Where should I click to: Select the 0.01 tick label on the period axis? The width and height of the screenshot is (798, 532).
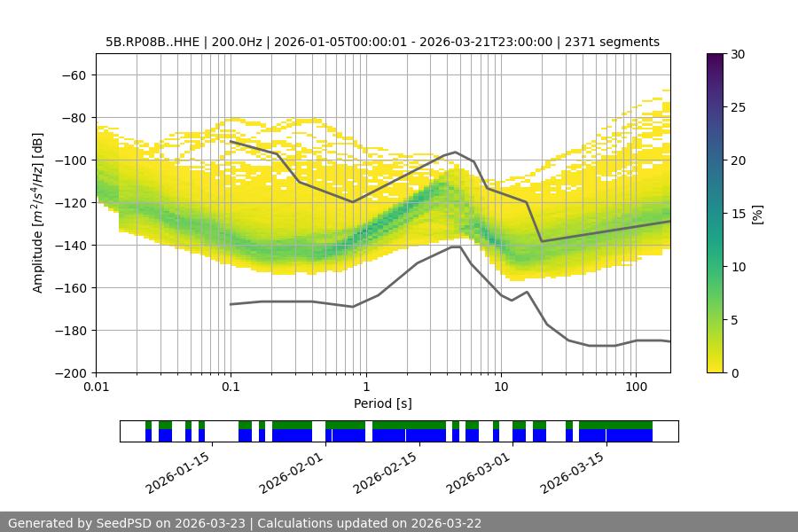pyautogui.click(x=96, y=387)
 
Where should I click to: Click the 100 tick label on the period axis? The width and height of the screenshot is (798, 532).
pyautogui.click(x=636, y=387)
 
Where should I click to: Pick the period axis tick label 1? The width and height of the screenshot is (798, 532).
pyautogui.click(x=365, y=387)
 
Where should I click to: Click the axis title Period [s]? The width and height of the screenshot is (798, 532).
pyautogui.click(x=383, y=403)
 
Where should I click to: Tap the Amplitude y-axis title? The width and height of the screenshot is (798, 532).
pyautogui.click(x=38, y=213)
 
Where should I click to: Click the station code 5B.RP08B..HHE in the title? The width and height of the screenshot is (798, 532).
pyautogui.click(x=155, y=42)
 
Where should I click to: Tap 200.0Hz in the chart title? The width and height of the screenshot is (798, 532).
pyautogui.click(x=238, y=42)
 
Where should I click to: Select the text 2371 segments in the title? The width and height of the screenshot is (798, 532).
pyautogui.click(x=612, y=42)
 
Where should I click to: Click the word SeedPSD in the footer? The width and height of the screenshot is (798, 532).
pyautogui.click(x=126, y=523)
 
